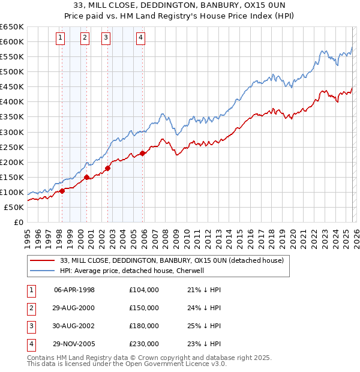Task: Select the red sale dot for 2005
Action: pos(142,153)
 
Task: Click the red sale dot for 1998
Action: pos(62,191)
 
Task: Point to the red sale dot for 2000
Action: pos(87,177)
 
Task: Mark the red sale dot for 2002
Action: pos(108,168)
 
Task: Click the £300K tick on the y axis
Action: pos(12,132)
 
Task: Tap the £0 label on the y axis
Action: pos(17,223)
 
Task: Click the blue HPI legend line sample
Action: pos(43,271)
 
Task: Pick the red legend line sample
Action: pos(43,260)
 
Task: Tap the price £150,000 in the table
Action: pos(143,308)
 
